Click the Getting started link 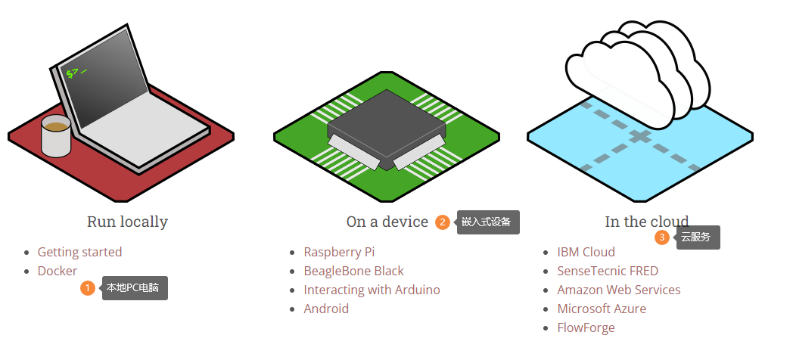[79, 252]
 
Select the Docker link [58, 271]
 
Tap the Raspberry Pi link [339, 252]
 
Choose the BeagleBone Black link [353, 271]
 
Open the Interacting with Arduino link [372, 290]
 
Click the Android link [326, 309]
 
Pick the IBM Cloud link [586, 252]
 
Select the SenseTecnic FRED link [608, 271]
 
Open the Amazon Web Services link [618, 290]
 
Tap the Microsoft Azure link [602, 309]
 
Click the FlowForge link [586, 327]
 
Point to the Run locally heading [127, 222]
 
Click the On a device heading [387, 222]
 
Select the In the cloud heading [646, 222]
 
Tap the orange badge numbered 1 [88, 288]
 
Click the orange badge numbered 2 [443, 222]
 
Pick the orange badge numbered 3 [662, 237]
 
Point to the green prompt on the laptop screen [76, 73]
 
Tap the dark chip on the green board [386, 125]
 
